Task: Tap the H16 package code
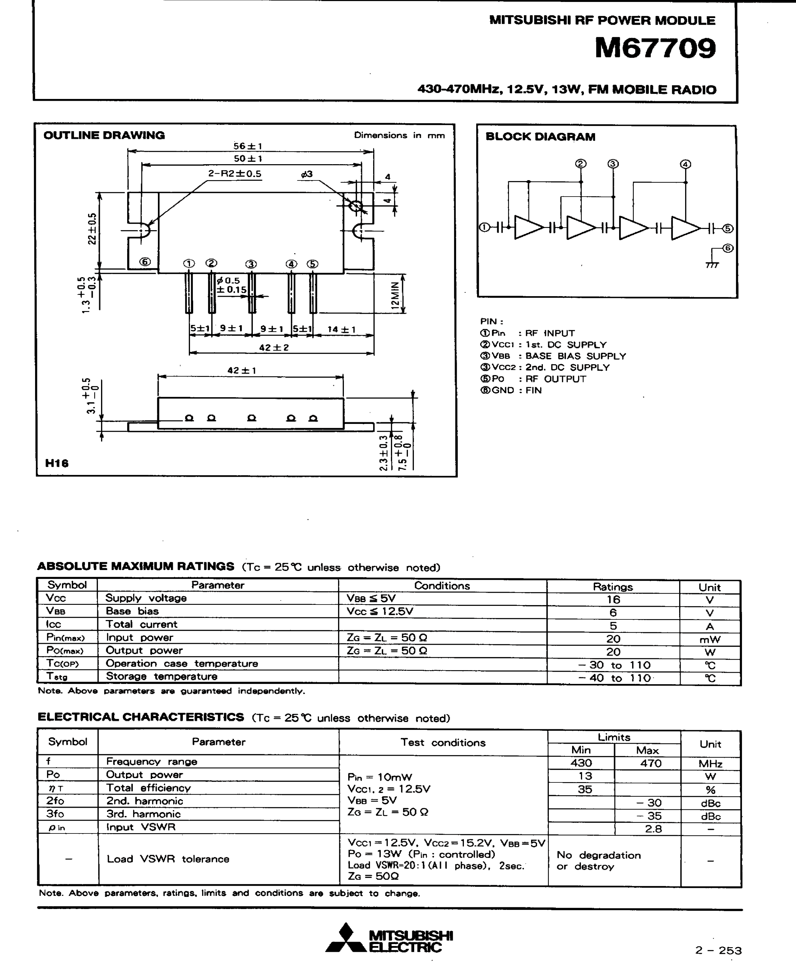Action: click(x=57, y=463)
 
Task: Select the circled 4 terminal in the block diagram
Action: click(x=686, y=164)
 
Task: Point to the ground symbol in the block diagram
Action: click(x=712, y=265)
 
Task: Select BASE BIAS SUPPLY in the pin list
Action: click(x=575, y=356)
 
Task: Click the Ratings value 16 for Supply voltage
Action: click(x=613, y=599)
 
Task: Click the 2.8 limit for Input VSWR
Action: click(x=653, y=829)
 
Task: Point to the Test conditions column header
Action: click(x=443, y=742)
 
